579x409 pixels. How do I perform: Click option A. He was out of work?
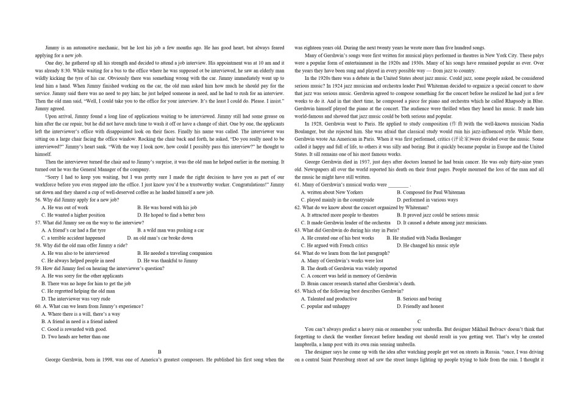pos(64,208)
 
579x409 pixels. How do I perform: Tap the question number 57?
pos(38,223)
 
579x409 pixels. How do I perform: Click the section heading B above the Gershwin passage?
pos(160,352)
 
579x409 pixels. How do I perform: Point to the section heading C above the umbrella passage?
pos(419,321)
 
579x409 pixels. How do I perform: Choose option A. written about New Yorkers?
pos(332,193)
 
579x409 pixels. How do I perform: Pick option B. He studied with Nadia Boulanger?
pos(424,238)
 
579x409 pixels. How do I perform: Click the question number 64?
pos(297,253)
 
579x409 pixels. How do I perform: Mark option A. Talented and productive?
pos(329,299)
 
